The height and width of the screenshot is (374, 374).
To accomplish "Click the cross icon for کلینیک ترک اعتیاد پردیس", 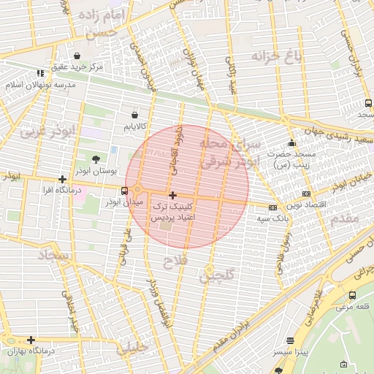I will point(172,195).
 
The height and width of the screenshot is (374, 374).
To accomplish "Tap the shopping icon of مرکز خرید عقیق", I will point(77,56).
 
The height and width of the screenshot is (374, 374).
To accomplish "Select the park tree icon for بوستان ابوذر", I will point(96,159).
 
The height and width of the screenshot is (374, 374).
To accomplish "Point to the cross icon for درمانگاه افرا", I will point(63,178).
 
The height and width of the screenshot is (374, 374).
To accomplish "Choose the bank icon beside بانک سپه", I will point(272,207).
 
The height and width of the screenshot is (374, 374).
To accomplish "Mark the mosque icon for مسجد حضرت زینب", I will point(292,143).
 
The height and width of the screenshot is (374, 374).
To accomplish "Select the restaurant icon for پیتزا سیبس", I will point(291,340).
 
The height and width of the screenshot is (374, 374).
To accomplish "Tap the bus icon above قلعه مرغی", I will point(353,295).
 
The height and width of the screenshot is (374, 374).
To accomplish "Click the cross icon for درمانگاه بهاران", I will point(31,340).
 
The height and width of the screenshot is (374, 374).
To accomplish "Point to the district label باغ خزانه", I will point(276,57).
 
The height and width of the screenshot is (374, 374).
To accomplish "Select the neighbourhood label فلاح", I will point(176,260).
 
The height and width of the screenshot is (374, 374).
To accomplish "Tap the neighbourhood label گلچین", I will point(218,275).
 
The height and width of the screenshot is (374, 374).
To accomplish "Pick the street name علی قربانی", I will point(122,245).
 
